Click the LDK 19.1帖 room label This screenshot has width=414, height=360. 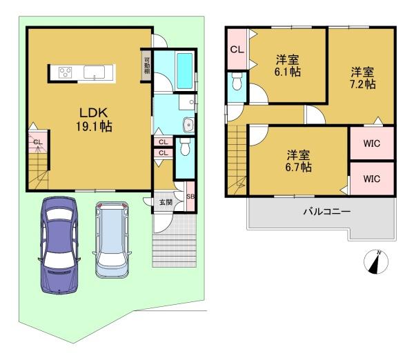coord(94,119)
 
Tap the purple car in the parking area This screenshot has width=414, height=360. coord(59,246)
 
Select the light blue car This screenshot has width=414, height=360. coord(112,239)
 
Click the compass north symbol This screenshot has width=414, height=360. coord(376,262)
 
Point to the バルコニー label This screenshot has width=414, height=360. coord(327,212)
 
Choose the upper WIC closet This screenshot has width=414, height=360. coord(372,143)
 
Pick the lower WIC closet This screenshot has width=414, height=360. coord(372,179)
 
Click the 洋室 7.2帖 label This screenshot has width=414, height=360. coord(362,78)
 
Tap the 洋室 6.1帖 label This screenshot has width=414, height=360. coord(288,66)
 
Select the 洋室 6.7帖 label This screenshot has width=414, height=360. coord(298,161)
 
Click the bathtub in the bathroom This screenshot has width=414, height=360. coord(184,71)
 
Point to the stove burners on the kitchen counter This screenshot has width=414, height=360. coord(66,72)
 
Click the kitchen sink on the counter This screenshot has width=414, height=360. coord(95,72)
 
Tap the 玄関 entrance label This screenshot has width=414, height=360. coord(166,203)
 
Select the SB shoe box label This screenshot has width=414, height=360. coord(190,197)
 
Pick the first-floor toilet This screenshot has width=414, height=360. coord(185,147)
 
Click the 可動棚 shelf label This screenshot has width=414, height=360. coord(146,66)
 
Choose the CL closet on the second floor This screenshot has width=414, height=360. coord(237,50)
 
